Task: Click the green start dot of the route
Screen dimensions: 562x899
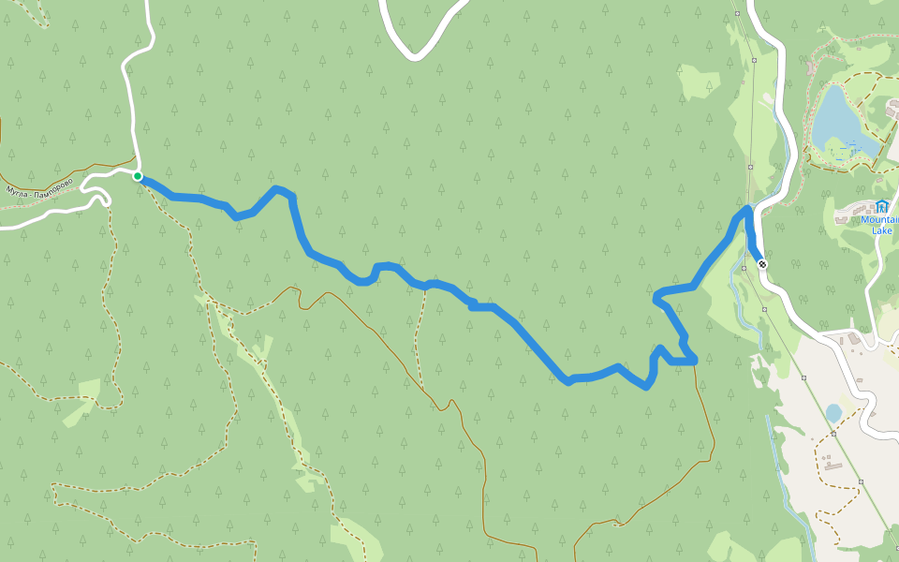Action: click(138, 176)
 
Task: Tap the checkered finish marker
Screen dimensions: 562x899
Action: click(762, 263)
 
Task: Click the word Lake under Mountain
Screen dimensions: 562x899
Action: click(881, 230)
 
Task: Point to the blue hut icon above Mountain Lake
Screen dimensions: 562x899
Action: click(881, 206)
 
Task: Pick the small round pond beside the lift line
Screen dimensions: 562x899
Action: click(833, 413)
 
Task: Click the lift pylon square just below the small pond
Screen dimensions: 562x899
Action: click(833, 434)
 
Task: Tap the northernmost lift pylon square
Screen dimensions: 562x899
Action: click(738, 13)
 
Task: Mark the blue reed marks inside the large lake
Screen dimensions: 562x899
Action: click(847, 145)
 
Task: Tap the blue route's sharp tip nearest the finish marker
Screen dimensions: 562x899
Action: click(746, 209)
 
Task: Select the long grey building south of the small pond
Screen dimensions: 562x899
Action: click(832, 464)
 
